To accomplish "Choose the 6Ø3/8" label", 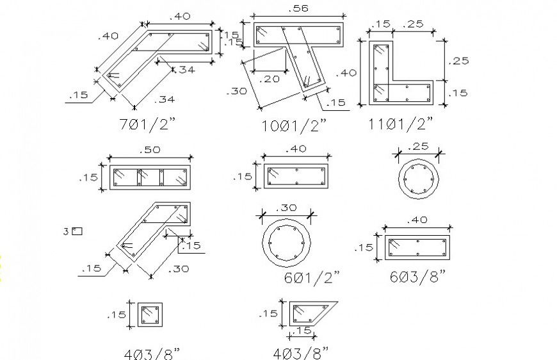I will [418, 276].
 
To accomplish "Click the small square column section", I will [150, 315].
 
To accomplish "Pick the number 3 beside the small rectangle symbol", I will [66, 231].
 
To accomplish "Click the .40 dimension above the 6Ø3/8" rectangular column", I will [417, 220].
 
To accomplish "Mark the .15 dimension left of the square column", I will [118, 314].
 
